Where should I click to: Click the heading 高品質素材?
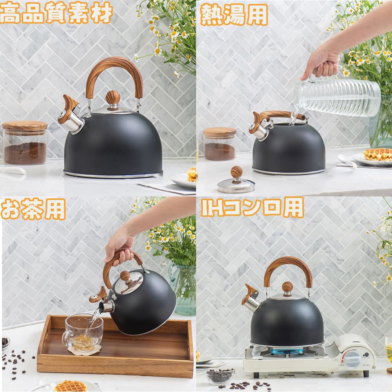pyautogui.click(x=56, y=13)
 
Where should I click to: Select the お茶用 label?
pyautogui.click(x=33, y=209)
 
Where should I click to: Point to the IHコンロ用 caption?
pyautogui.click(x=252, y=207)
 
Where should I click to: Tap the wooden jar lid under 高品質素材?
pyautogui.click(x=25, y=126)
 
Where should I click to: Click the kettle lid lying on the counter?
pyautogui.click(x=236, y=180)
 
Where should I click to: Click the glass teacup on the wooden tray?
pyautogui.click(x=83, y=331)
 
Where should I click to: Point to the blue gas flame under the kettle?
pyautogui.click(x=287, y=352)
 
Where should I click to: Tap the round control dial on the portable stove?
pyautogui.click(x=352, y=359)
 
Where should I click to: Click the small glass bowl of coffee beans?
pyautogui.click(x=220, y=376)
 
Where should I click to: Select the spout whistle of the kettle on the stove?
pyautogui.click(x=250, y=298)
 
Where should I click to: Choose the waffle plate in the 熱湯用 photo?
pyautogui.click(x=372, y=159)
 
